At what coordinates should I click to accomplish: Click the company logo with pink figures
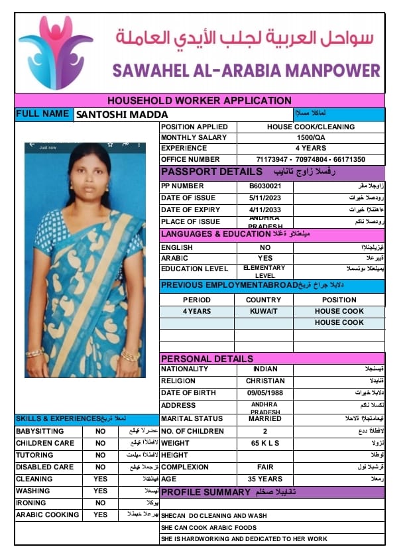54,52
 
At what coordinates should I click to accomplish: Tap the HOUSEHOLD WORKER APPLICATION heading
199,101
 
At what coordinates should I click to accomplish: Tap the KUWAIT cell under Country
264,311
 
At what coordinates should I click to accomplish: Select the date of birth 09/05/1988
264,393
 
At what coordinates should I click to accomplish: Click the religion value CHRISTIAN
264,381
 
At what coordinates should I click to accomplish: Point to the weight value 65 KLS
264,443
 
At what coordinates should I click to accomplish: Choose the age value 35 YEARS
264,479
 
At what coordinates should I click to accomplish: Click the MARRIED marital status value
264,418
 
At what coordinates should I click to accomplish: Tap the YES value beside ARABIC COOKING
100,515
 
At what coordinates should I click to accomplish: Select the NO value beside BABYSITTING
100,431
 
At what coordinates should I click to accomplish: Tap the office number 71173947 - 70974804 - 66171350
311,160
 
